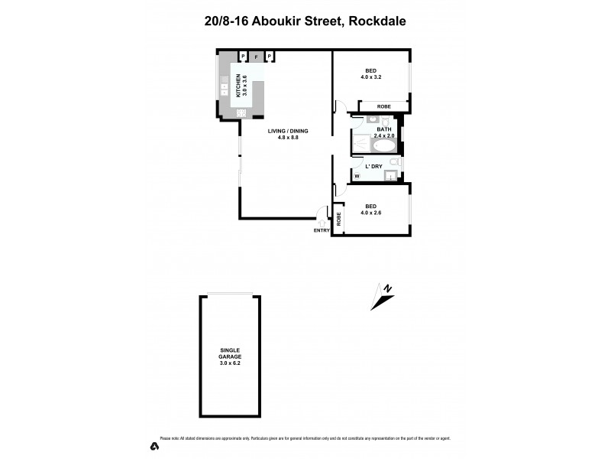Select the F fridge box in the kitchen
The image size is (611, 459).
[x=257, y=56]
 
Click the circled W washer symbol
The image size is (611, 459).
[x=357, y=176]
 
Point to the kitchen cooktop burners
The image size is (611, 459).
[x=241, y=113]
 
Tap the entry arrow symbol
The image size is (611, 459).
[x=322, y=223]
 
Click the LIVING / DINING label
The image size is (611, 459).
[x=287, y=131]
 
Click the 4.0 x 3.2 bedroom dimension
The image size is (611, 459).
[x=371, y=76]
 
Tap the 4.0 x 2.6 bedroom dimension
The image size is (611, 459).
[x=371, y=212]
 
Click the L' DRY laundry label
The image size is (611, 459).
[x=373, y=166]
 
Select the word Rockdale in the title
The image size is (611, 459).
[x=378, y=21]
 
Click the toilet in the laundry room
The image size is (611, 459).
[x=393, y=163]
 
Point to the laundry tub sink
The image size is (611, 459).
[x=390, y=177]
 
